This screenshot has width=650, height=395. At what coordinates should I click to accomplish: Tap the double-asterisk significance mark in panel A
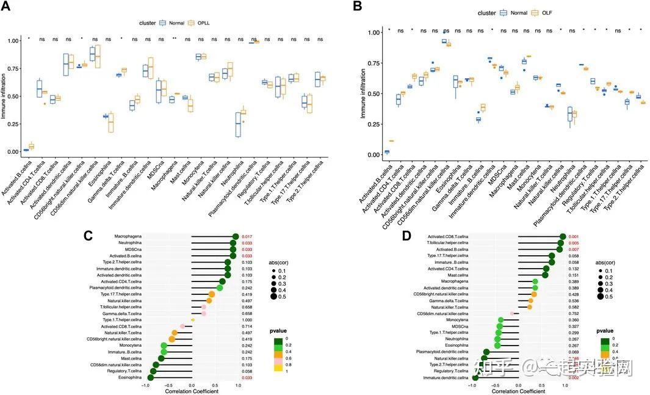point(175,39)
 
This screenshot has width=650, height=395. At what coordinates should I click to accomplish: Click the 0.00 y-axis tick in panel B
point(364,155)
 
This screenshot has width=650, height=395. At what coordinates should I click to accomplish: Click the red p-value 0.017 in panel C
point(247,236)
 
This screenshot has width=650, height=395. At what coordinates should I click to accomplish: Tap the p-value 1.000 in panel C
point(247,319)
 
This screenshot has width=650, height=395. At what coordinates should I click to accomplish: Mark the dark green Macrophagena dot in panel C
point(235,236)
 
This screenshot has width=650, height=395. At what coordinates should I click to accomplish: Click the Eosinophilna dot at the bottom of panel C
point(150,378)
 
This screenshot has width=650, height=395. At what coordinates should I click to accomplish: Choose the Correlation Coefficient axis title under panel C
point(193,391)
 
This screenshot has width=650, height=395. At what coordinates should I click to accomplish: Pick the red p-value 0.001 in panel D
point(574,236)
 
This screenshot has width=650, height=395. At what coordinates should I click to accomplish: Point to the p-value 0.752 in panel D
point(574,313)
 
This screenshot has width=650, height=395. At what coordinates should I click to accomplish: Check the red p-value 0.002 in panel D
point(574,378)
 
